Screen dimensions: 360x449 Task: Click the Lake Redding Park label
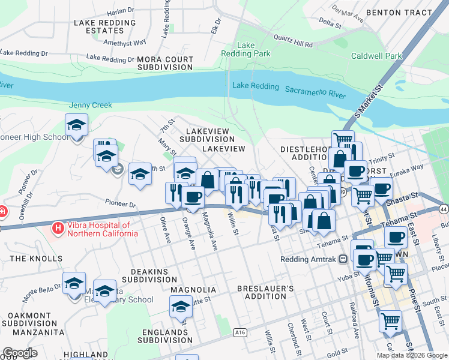point(254,49)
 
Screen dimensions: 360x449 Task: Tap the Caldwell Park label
point(377,56)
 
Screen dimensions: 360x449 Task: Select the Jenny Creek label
point(91,105)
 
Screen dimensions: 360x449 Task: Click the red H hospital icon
point(58,228)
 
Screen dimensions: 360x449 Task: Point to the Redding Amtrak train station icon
point(343,259)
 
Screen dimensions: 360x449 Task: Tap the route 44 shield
point(443,209)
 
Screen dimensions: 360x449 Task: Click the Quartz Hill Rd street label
point(293,44)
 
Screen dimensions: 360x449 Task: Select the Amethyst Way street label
point(125,43)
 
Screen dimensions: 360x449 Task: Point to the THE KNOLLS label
point(36,259)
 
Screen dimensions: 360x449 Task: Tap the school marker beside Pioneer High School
point(76,127)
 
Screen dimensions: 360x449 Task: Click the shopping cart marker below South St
point(390,321)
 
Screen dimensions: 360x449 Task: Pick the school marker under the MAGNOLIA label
point(181,307)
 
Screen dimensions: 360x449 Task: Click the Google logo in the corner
point(20,353)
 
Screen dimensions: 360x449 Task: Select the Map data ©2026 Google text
point(411,355)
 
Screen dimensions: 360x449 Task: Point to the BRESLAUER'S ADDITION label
point(265,292)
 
